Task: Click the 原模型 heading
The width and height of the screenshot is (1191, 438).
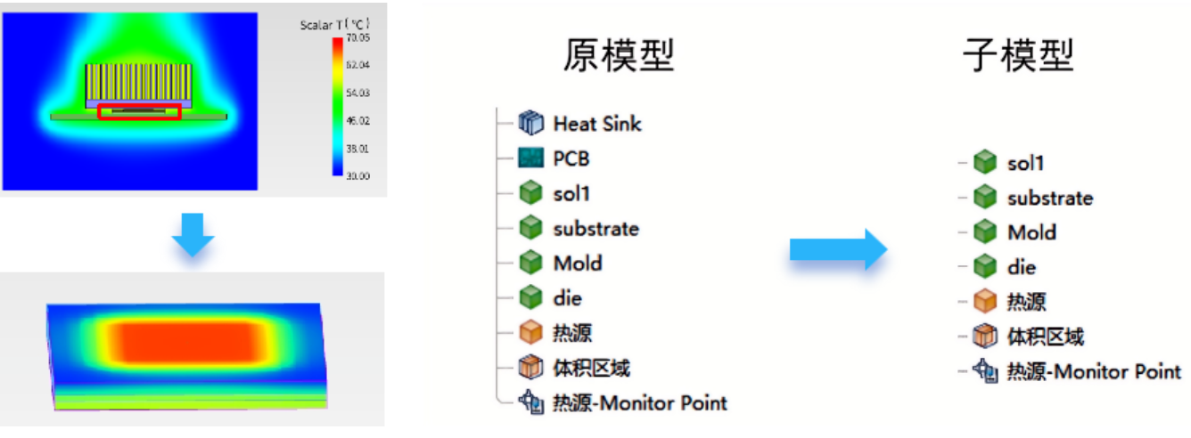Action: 618,56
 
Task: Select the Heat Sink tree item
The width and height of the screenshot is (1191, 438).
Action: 596,123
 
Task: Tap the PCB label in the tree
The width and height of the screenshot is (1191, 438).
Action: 571,158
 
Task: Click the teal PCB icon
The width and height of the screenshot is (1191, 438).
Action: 530,158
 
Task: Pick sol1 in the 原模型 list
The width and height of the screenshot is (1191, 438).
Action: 571,193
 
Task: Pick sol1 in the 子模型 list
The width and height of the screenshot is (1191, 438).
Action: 1025,163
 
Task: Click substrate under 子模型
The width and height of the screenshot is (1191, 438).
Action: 1049,198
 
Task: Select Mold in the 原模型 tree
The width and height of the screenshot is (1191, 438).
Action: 577,263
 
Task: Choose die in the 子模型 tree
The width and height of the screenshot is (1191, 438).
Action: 1022,267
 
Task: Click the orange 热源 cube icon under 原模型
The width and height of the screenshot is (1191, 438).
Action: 530,333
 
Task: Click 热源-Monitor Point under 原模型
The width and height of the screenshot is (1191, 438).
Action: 640,403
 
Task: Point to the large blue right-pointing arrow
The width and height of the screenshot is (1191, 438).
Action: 838,249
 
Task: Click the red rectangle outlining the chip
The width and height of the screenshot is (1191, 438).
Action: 139,112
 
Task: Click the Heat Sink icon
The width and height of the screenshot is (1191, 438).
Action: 530,123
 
